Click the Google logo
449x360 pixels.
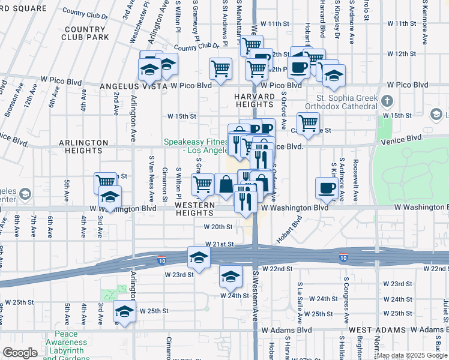coord(20,353)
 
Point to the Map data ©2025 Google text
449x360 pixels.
coord(412,355)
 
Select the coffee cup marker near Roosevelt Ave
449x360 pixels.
coord(327,188)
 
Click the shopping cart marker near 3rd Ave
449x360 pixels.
coord(106,182)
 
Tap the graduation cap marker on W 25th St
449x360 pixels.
coord(124,312)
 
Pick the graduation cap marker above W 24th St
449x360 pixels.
coord(230,277)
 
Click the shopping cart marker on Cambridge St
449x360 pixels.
coord(308,123)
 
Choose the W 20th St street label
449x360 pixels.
coord(217,227)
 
